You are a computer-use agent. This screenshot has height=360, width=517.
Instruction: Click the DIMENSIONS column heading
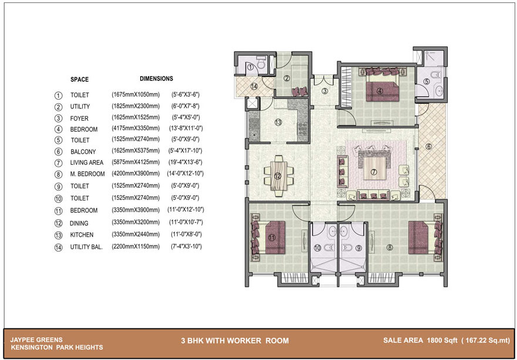point(156,79)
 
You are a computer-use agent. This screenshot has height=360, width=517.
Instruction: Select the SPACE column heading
point(79,79)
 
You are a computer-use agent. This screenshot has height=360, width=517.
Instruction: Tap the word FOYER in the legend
point(79,118)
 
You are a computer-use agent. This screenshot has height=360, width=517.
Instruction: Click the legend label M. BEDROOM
point(87,174)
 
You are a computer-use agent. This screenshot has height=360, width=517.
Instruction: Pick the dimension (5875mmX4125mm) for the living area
point(136,162)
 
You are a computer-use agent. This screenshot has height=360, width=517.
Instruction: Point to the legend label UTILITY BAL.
point(86,247)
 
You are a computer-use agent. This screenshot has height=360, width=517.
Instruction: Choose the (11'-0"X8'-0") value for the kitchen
point(186,235)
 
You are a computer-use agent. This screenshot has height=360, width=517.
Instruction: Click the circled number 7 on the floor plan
point(374,172)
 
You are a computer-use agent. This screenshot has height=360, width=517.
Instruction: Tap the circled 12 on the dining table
point(278,176)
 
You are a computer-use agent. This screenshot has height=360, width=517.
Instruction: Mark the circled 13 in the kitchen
point(278,123)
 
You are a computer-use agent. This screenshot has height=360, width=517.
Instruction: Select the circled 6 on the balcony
point(428,147)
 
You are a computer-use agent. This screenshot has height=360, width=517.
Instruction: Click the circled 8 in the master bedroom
point(390,247)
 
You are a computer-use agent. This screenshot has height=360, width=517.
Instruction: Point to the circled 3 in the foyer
point(325,90)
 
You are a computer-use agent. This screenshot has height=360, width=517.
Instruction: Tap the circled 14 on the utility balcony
point(254,86)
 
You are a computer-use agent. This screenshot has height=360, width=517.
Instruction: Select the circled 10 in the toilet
point(317,247)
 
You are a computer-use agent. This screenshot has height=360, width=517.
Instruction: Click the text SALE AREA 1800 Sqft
point(420,340)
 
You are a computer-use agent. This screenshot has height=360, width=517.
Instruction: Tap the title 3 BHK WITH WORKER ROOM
point(235,341)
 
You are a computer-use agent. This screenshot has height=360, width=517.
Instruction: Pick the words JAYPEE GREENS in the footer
point(36,340)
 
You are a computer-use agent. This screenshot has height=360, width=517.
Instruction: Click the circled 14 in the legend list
point(58,247)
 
